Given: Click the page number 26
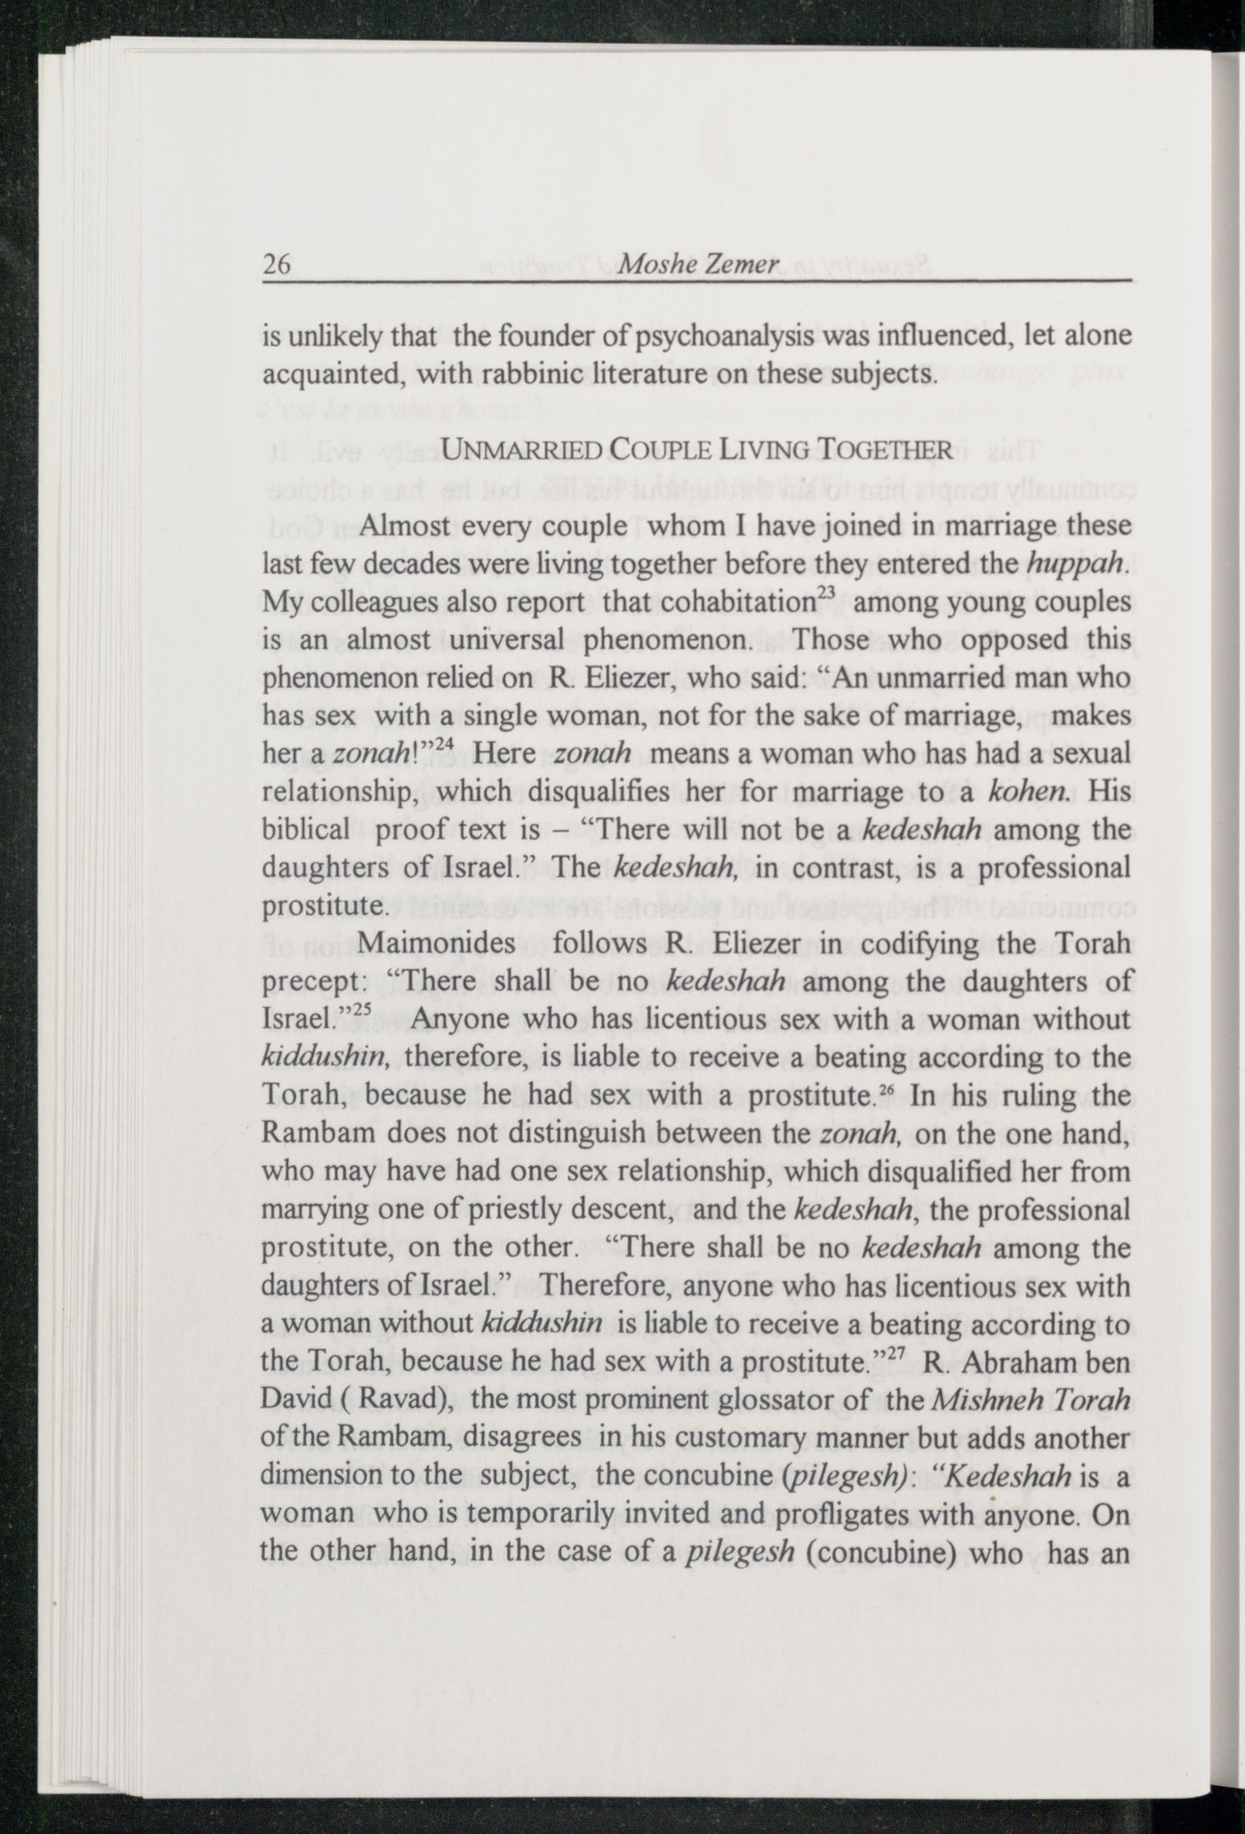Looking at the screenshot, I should click(x=278, y=264).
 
